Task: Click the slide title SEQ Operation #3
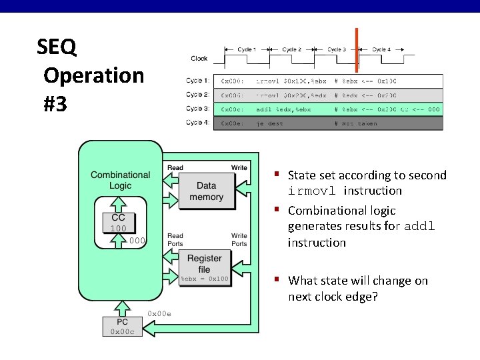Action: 90,75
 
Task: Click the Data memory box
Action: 206,191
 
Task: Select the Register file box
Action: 205,263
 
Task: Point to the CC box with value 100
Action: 119,223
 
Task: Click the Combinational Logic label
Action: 121,180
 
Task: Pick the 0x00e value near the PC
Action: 159,313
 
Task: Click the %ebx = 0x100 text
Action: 204,279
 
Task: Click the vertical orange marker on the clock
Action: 357,49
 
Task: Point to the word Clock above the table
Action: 199,59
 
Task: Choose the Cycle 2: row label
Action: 197,95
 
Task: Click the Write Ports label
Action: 239,239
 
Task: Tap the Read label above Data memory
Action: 175,168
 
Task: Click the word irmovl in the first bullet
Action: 311,191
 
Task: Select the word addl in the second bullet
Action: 419,226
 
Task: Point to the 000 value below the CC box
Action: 138,240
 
